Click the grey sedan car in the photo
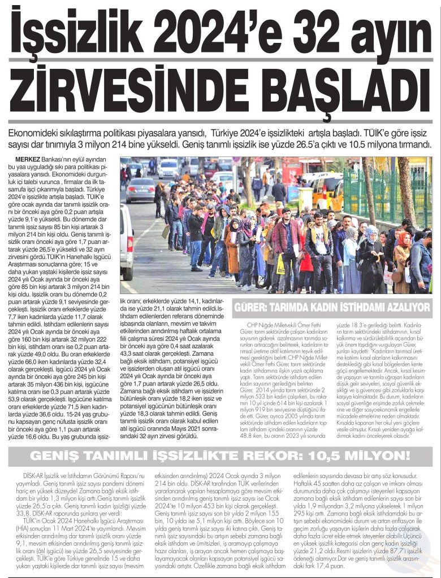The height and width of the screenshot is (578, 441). pyautogui.click(x=140, y=190)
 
